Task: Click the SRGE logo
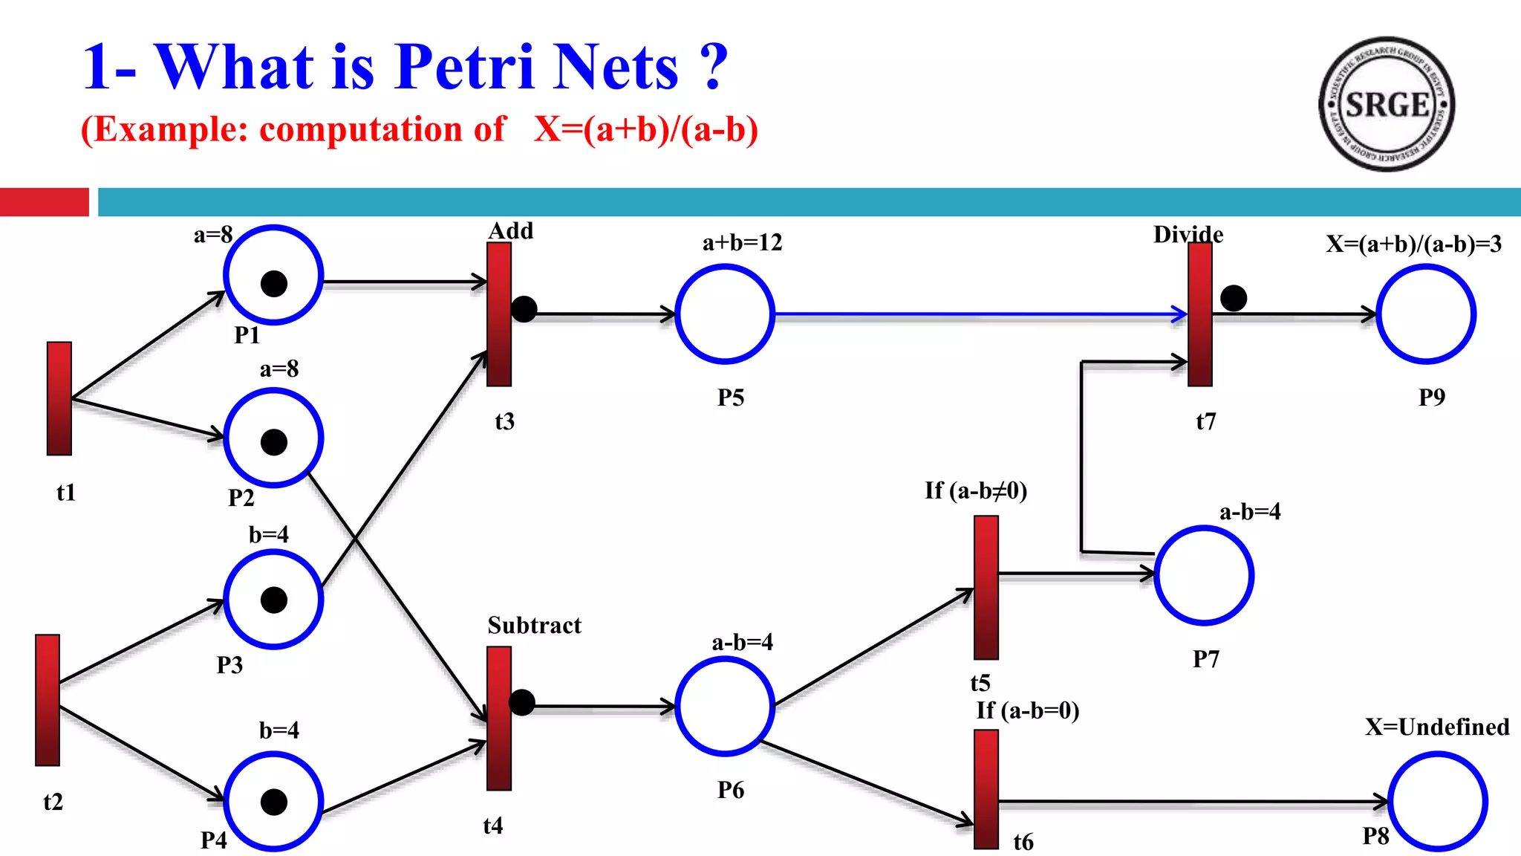(1386, 104)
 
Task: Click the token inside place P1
(274, 283)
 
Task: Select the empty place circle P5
(725, 314)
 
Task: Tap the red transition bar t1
(59, 398)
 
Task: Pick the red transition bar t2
(48, 699)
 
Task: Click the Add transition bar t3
(499, 314)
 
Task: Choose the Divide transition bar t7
(1200, 314)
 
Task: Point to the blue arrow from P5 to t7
(980, 314)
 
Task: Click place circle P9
(1426, 314)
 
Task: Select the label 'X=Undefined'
(1437, 727)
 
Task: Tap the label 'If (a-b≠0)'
(976, 490)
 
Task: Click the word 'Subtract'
(534, 625)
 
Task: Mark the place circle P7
(1204, 575)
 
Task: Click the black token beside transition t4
(522, 702)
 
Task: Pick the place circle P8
(1438, 801)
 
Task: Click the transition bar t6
(986, 788)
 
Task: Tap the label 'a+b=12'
(742, 242)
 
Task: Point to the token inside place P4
(274, 802)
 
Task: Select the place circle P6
(725, 707)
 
